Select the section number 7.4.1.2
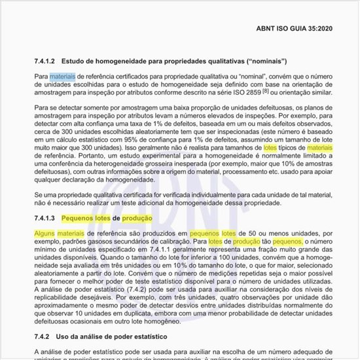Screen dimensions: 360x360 click(46, 61)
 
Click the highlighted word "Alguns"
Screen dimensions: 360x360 click(45, 234)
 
